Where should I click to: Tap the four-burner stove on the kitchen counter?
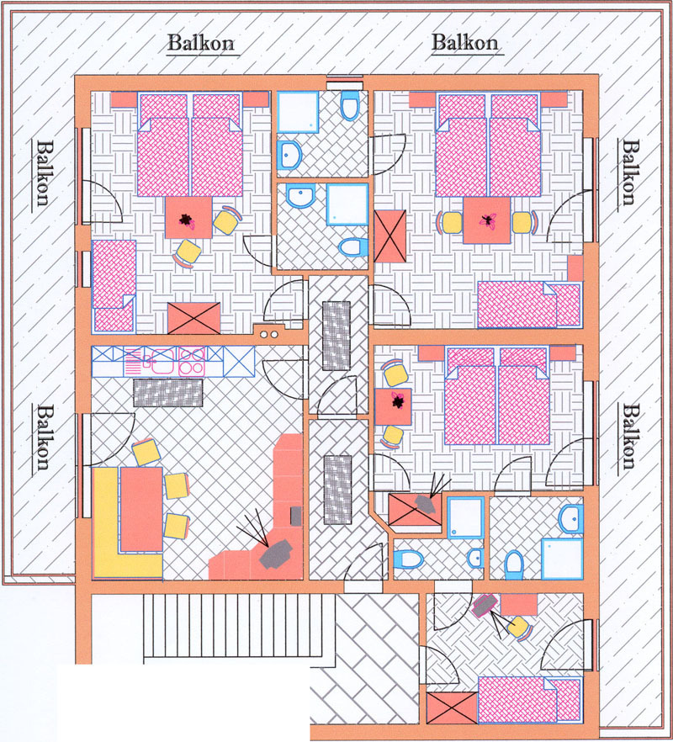[x=191, y=362]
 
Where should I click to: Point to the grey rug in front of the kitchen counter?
[x=168, y=392]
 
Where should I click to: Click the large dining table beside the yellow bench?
[x=141, y=509]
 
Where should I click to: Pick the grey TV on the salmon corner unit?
[x=275, y=554]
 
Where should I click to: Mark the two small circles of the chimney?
[x=269, y=335]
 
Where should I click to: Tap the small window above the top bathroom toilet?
[x=345, y=82]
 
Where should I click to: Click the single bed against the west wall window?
[x=114, y=285]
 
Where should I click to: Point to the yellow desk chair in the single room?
[x=518, y=628]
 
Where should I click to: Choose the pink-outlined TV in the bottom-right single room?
[x=485, y=605]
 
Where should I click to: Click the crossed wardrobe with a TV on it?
[x=415, y=510]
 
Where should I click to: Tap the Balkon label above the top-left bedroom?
[x=201, y=44]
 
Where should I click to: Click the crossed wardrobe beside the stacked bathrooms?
[x=390, y=236]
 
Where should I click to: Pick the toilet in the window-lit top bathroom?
[x=350, y=105]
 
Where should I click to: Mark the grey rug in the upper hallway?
[x=336, y=336]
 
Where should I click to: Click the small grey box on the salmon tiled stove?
[x=296, y=516]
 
